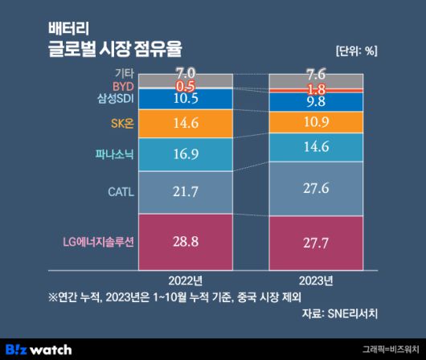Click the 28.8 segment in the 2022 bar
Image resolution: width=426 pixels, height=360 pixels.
pyautogui.click(x=186, y=240)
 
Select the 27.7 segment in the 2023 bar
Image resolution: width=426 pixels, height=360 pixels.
pyautogui.click(x=315, y=240)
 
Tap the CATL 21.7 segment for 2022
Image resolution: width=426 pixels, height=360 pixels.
pyautogui.click(x=186, y=191)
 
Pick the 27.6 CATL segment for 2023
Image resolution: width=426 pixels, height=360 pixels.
pyautogui.click(x=315, y=187)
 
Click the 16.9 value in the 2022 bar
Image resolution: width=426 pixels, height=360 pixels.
pyautogui.click(x=186, y=153)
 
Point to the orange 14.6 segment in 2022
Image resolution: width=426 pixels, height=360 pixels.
pyautogui.click(x=186, y=123)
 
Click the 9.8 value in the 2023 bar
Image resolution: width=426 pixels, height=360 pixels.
pyautogui.click(x=315, y=101)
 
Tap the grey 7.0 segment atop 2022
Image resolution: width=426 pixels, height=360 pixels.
pyautogui.click(x=186, y=74)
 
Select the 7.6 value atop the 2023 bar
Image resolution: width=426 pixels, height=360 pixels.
pyautogui.click(x=315, y=75)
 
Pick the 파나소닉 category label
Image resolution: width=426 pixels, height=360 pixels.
pyautogui.click(x=112, y=153)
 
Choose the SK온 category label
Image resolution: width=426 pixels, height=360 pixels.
pyautogui.click(x=120, y=124)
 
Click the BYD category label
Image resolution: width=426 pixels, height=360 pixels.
pyautogui.click(x=122, y=85)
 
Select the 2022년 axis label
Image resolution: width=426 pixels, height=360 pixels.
pyautogui.click(x=186, y=280)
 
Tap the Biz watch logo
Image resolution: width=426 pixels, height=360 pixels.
pyautogui.click(x=39, y=348)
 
